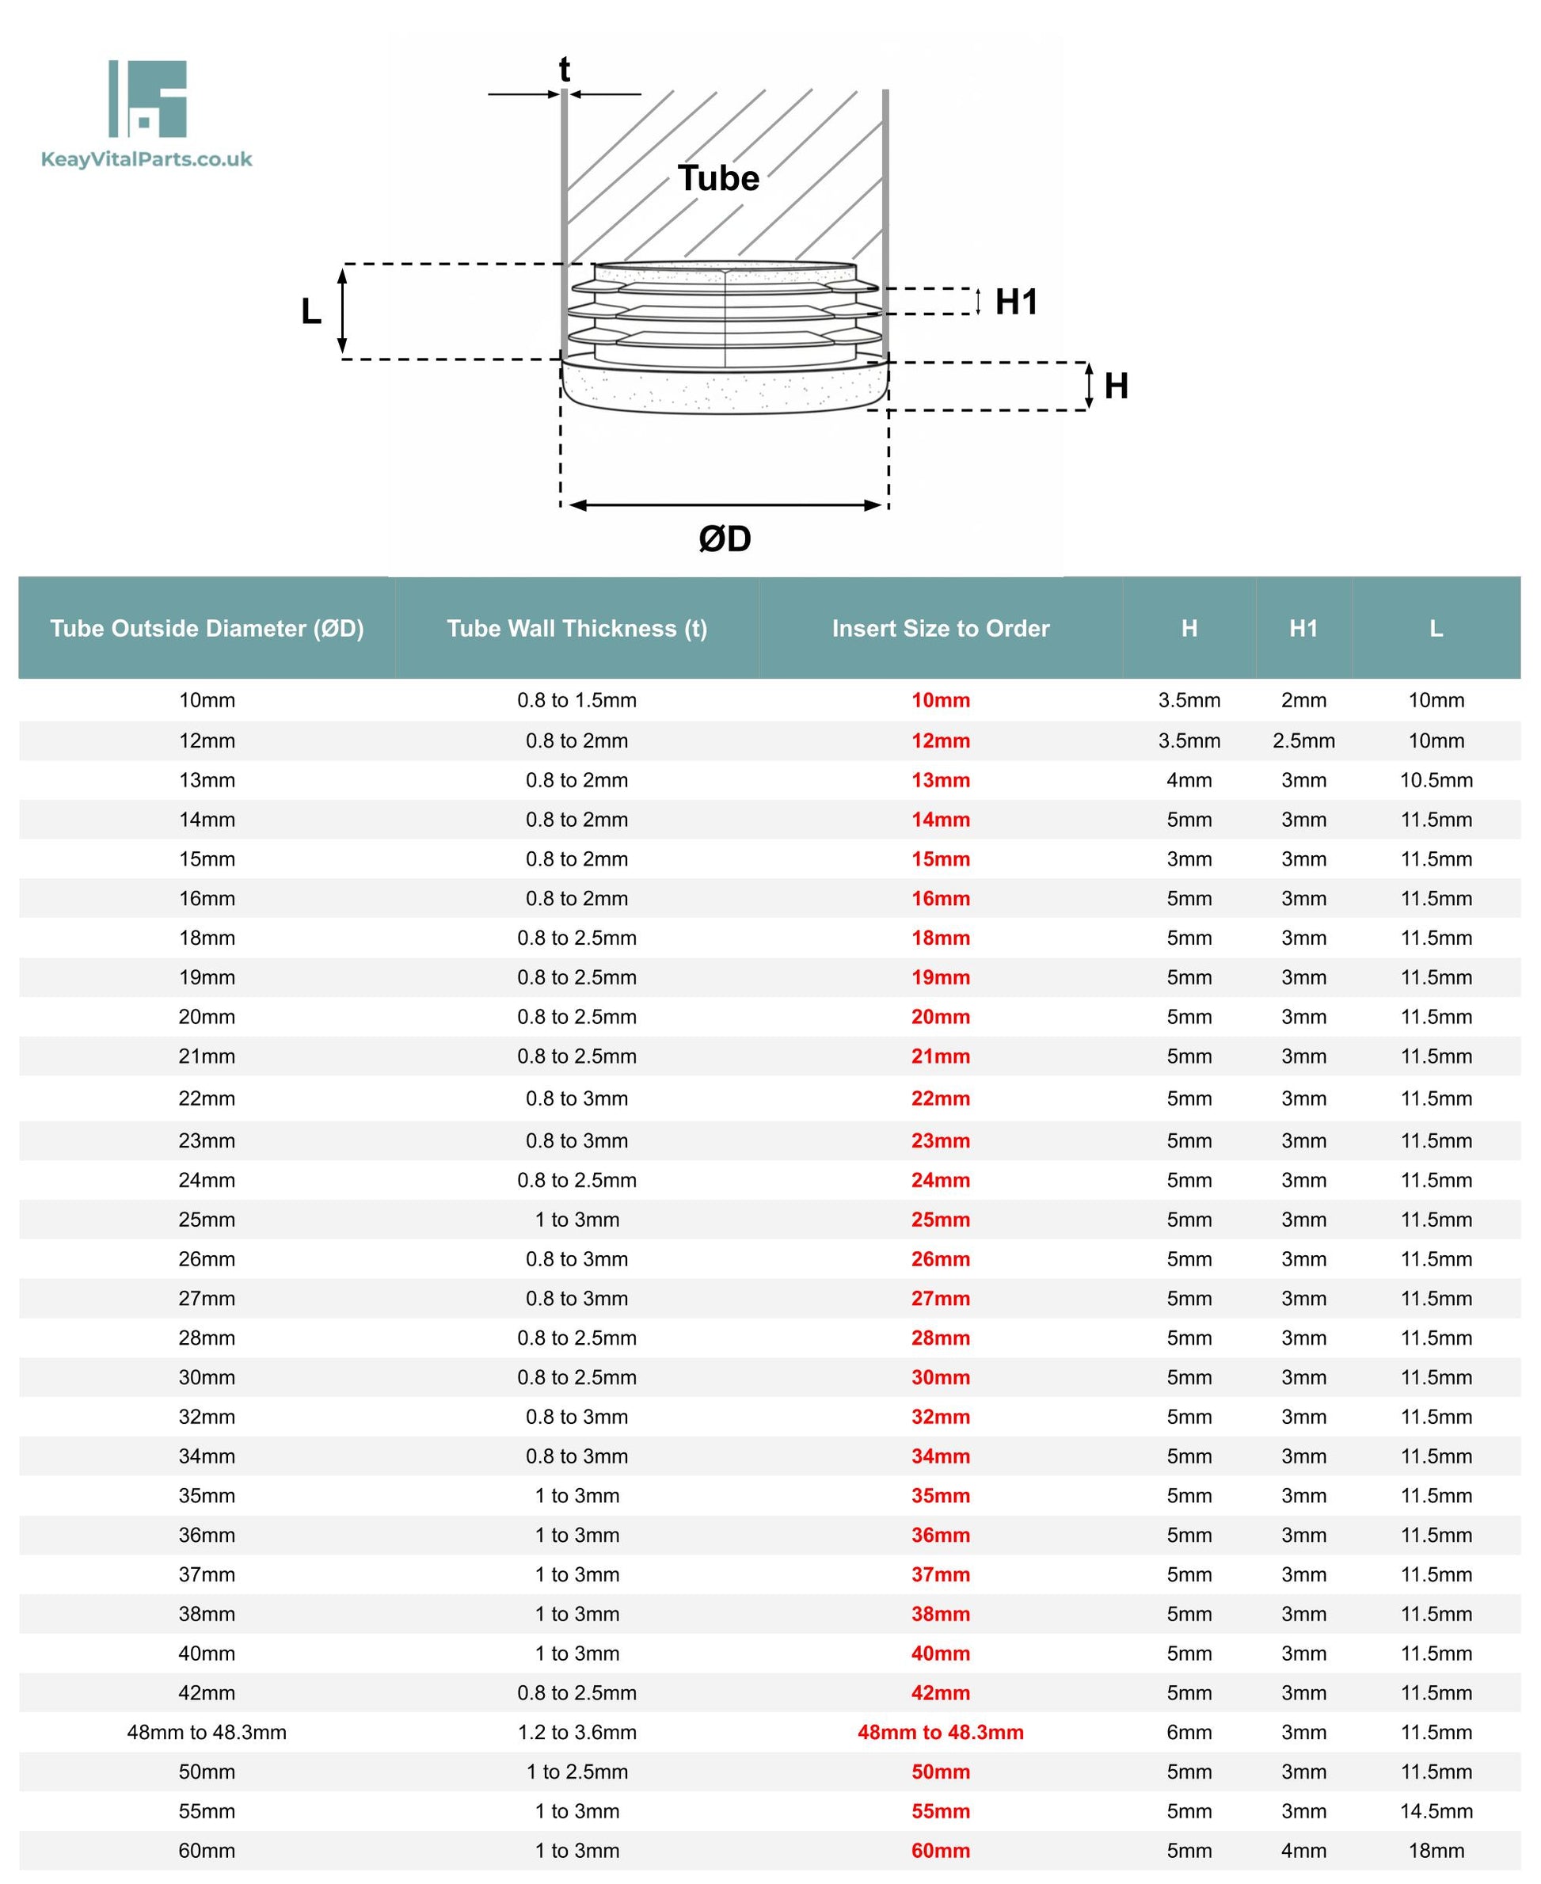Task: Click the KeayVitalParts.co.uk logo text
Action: pyautogui.click(x=146, y=160)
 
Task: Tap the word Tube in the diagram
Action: pyautogui.click(x=718, y=178)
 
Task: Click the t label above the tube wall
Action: pyautogui.click(x=564, y=69)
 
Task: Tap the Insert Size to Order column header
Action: pyautogui.click(x=940, y=629)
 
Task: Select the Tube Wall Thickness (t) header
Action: pyautogui.click(x=576, y=629)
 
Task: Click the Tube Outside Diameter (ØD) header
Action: pyautogui.click(x=207, y=629)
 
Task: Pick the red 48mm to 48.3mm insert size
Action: pyautogui.click(x=940, y=1732)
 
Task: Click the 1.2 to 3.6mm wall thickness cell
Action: pyautogui.click(x=576, y=1732)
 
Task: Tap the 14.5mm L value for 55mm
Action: pyautogui.click(x=1436, y=1811)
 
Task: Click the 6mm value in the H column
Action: pyautogui.click(x=1189, y=1732)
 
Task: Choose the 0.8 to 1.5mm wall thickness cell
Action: pyautogui.click(x=576, y=701)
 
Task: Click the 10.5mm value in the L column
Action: pyautogui.click(x=1436, y=780)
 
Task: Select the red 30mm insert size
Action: pyautogui.click(x=940, y=1377)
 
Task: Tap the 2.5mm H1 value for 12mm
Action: pyautogui.click(x=1303, y=740)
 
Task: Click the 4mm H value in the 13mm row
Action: pyautogui.click(x=1189, y=780)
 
